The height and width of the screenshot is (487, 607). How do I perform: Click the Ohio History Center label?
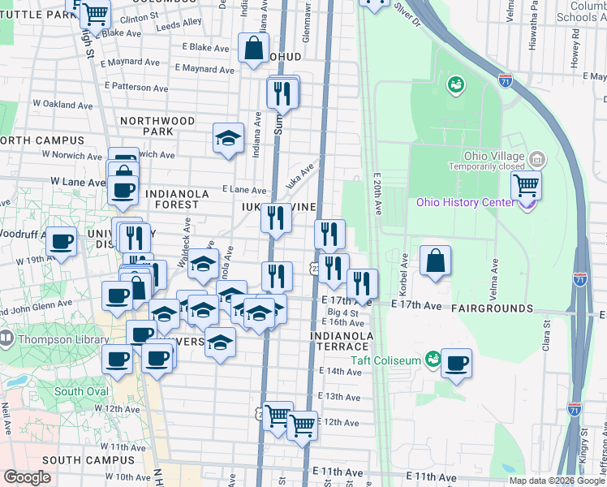point(465,203)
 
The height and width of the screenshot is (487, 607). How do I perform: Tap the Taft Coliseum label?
point(385,360)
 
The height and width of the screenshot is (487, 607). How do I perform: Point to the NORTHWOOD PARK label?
point(157,126)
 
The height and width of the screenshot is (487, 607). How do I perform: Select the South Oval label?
point(81,391)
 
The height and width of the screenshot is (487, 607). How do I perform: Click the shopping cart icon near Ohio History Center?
point(526,186)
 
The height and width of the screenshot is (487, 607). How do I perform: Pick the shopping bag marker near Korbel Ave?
point(435,261)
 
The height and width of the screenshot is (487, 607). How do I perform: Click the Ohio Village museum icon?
point(536,158)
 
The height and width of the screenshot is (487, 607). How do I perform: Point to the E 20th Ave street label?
point(378,193)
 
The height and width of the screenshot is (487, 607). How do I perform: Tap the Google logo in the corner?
point(28,477)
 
